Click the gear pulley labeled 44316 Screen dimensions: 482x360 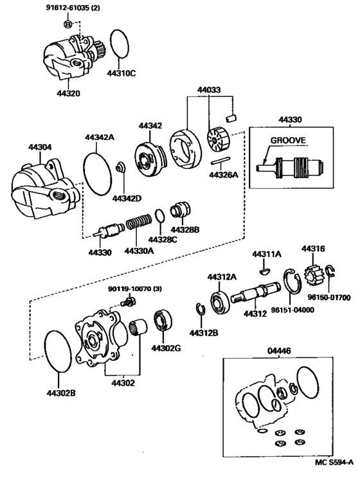click(x=314, y=271)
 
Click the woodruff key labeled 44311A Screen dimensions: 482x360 click(x=265, y=271)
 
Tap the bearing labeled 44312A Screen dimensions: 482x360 click(x=220, y=303)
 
